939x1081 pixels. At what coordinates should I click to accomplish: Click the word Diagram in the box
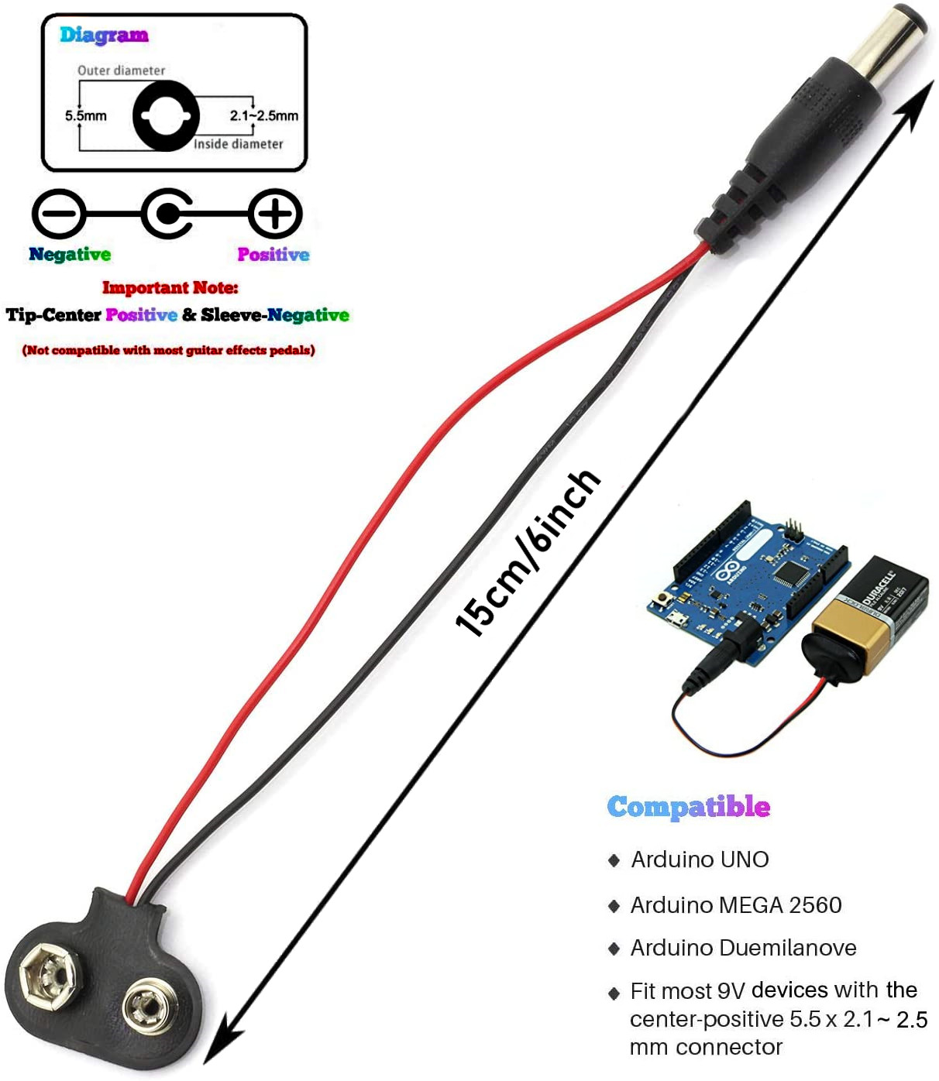[x=104, y=36]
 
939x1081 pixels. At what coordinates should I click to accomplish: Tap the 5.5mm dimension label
[x=85, y=115]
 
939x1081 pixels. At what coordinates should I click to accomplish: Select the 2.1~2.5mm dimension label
[x=263, y=115]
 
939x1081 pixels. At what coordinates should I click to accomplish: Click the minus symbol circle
[x=59, y=214]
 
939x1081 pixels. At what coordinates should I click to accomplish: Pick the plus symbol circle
[x=275, y=214]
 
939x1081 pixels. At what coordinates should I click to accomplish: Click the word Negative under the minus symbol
[x=70, y=254]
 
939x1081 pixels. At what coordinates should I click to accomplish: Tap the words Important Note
[x=170, y=287]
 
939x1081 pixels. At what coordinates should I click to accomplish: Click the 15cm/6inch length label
[x=528, y=552]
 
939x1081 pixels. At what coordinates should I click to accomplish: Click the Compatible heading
[x=688, y=808]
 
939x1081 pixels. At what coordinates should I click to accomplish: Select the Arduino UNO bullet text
[x=700, y=860]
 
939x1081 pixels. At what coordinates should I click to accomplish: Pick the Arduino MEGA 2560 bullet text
[x=736, y=905]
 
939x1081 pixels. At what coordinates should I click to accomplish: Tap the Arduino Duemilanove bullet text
[x=744, y=948]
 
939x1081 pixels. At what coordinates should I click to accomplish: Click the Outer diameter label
[x=121, y=70]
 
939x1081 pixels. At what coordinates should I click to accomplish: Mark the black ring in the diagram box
[x=139, y=116]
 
